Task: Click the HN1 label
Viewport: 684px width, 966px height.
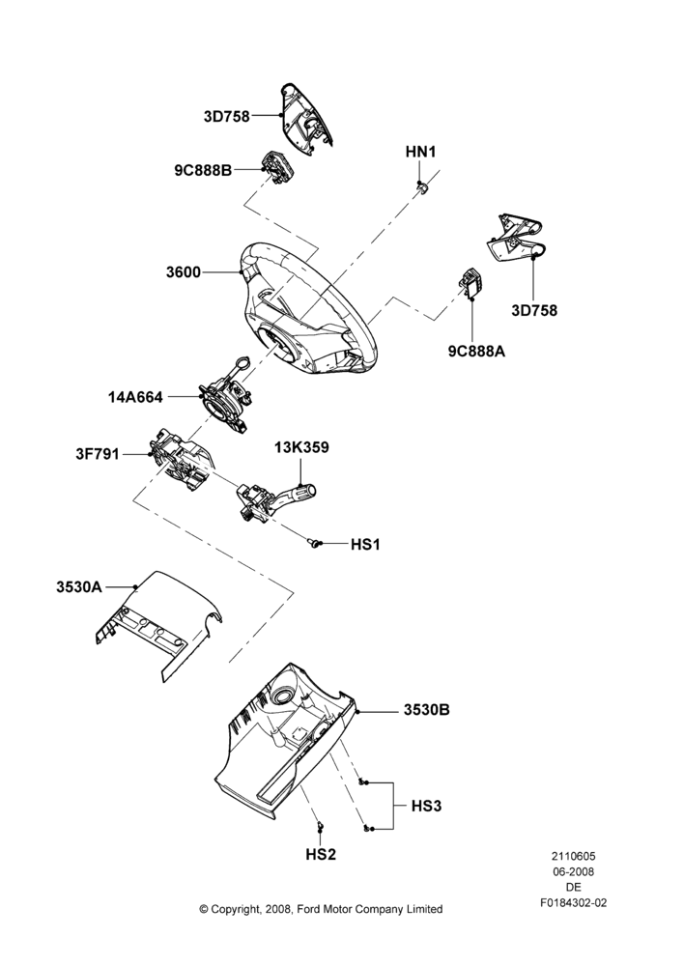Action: pos(420,152)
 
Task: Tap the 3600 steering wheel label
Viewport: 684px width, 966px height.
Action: pos(183,271)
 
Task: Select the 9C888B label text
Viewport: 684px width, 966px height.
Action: pos(203,170)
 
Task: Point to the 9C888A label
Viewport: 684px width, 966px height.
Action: pos(476,352)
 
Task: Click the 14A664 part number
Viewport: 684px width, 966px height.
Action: pos(135,397)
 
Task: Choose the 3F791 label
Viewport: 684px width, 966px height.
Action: pos(98,455)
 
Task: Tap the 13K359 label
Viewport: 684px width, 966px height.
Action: pos(301,447)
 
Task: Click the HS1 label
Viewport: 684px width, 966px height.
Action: pos(365,545)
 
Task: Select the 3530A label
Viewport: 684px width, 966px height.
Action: pos(79,587)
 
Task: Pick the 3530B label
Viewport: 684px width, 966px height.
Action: pos(426,710)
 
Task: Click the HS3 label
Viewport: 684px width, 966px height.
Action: pos(426,806)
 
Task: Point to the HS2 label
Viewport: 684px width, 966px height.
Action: pos(321,855)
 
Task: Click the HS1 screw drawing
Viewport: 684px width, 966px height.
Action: pos(314,543)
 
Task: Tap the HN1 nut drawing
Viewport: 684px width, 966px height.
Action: pos(421,186)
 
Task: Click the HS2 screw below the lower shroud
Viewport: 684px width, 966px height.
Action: pos(320,827)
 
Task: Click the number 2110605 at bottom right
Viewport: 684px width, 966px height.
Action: pos(573,856)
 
